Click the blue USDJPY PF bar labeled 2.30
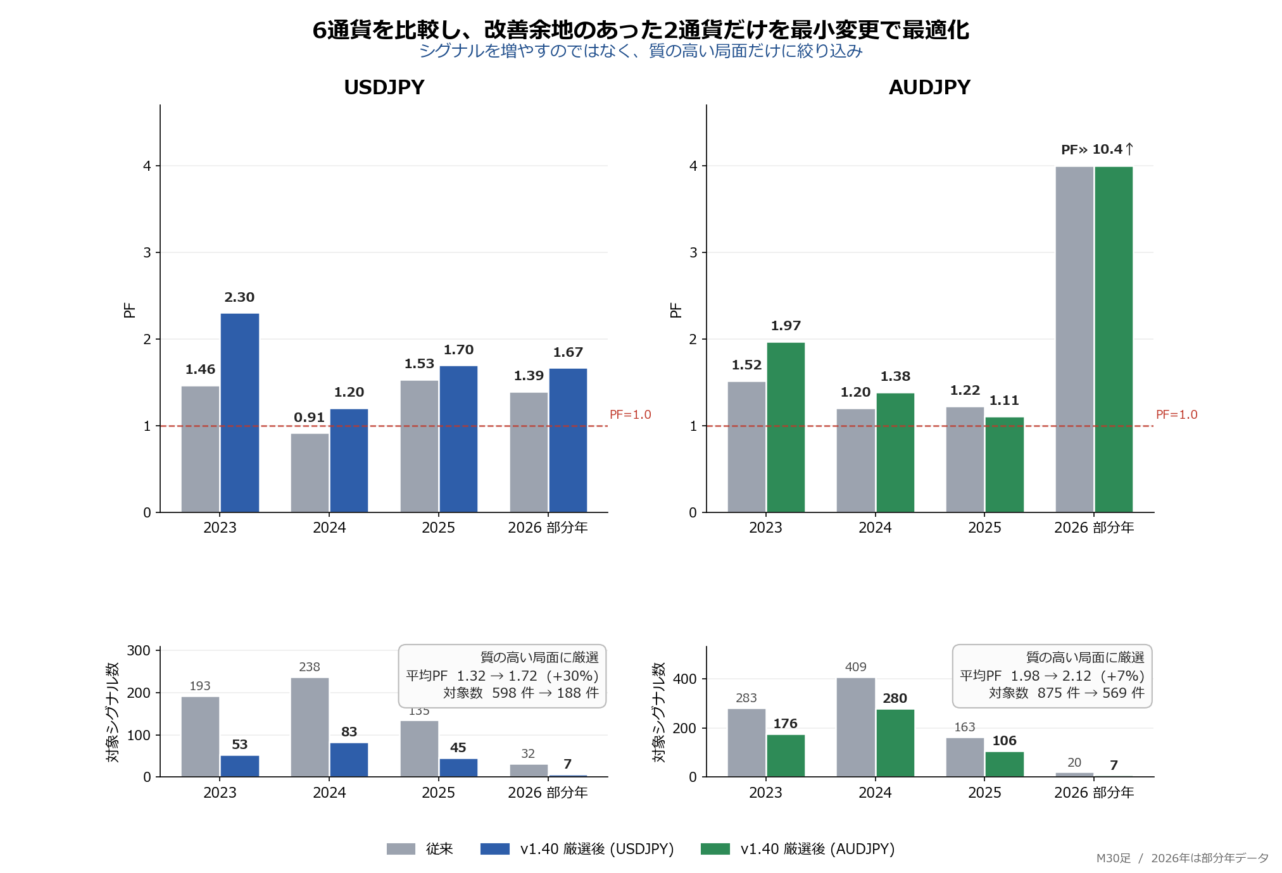(239, 412)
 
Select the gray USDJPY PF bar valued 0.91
(310, 473)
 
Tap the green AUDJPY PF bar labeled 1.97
(786, 427)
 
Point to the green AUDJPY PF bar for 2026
(1114, 339)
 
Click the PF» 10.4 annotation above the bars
(1097, 149)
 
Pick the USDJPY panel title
(384, 87)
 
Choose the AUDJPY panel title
(929, 87)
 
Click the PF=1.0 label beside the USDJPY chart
(630, 414)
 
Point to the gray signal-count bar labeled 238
(310, 727)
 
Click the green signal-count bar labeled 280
(895, 743)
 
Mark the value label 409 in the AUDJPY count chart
(855, 667)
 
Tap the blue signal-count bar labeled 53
(239, 765)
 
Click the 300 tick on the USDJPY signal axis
(139, 650)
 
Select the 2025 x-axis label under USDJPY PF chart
(438, 528)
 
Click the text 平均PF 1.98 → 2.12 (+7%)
(1052, 676)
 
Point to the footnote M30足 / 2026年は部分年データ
(1182, 858)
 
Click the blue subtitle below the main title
(641, 51)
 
